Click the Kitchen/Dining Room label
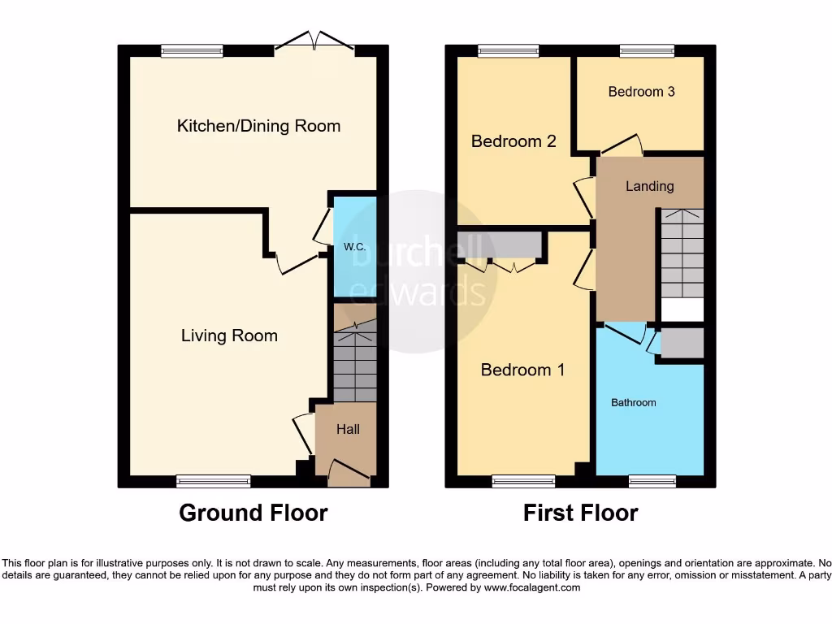pyautogui.click(x=258, y=126)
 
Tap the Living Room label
pyautogui.click(x=229, y=336)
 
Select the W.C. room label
pyautogui.click(x=353, y=247)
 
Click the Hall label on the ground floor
pyautogui.click(x=348, y=429)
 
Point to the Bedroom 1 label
pyautogui.click(x=522, y=370)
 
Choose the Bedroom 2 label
pyautogui.click(x=513, y=141)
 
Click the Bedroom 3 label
pyautogui.click(x=641, y=92)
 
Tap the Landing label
pyautogui.click(x=649, y=186)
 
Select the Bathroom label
pyautogui.click(x=633, y=402)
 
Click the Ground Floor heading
pyautogui.click(x=253, y=513)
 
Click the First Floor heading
pyautogui.click(x=580, y=513)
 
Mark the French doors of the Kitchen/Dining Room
pyautogui.click(x=314, y=45)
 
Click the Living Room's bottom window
pyautogui.click(x=214, y=482)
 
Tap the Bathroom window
pyautogui.click(x=652, y=482)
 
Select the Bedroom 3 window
pyautogui.click(x=647, y=51)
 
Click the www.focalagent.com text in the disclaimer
pyautogui.click(x=531, y=587)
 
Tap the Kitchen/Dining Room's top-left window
pyautogui.click(x=192, y=51)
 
